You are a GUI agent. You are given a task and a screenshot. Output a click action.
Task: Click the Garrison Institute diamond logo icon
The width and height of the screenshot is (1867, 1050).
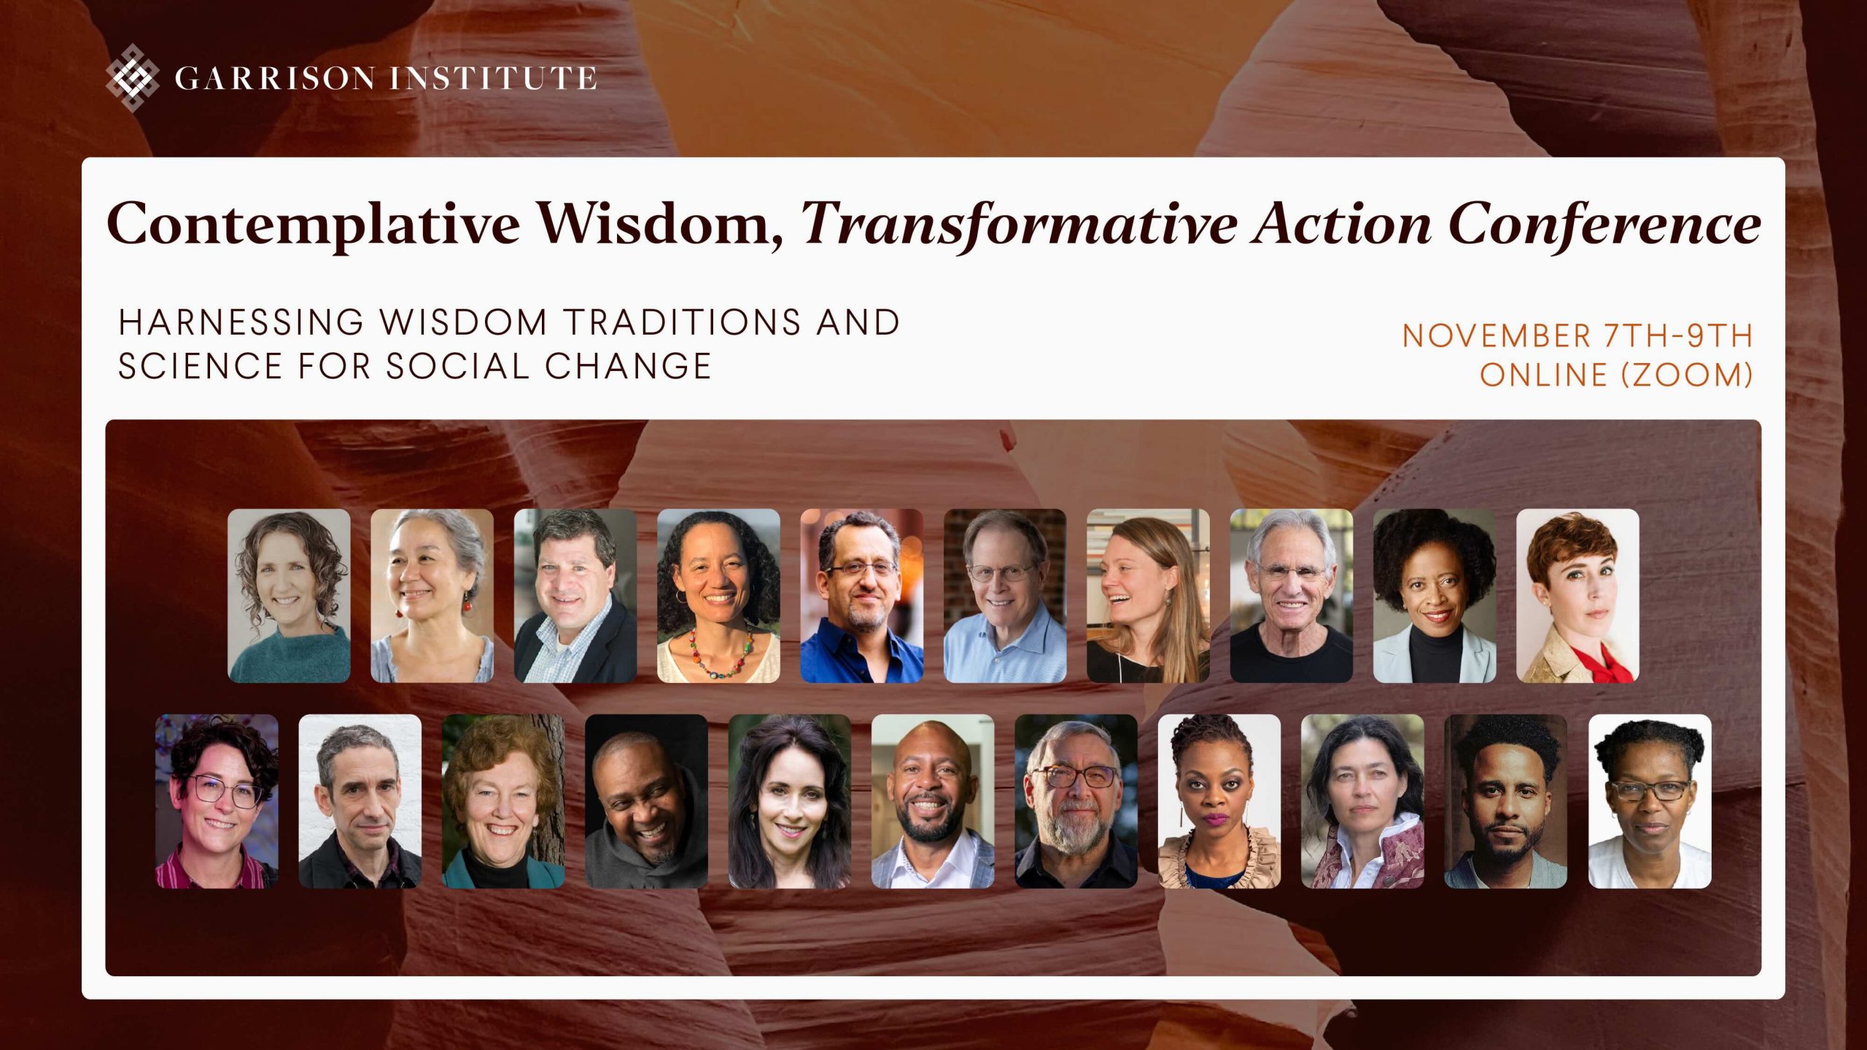pos(132,77)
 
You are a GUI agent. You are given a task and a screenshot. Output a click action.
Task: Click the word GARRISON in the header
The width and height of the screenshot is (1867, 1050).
pos(276,78)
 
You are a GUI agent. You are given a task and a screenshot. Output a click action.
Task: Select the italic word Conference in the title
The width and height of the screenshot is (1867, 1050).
pos(1605,223)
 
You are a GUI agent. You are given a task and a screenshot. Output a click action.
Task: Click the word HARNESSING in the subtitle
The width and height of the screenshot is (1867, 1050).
pos(241,322)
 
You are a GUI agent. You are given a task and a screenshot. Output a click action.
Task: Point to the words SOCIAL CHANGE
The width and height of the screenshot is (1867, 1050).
pos(548,366)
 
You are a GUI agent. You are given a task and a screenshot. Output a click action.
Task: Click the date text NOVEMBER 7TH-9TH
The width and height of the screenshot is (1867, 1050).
pos(1578,336)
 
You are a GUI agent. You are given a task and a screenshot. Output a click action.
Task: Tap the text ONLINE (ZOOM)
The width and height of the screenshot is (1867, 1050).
pos(1617,375)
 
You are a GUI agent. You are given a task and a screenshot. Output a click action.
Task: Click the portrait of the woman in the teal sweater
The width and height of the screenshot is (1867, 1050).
pos(289,596)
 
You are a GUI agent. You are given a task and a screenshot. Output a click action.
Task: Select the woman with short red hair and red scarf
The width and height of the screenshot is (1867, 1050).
pos(1577,596)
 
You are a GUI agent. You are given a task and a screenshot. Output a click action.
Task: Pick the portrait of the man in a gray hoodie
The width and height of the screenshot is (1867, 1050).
pos(646,801)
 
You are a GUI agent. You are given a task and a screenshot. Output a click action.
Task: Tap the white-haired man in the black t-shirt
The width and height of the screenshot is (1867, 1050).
pos(1292,596)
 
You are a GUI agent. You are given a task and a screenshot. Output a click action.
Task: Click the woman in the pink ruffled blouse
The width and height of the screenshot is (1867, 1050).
pos(1219,801)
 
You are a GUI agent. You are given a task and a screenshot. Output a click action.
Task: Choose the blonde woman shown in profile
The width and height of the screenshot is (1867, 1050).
pos(1148,596)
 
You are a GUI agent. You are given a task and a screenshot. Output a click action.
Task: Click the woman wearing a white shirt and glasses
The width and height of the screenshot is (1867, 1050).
pos(1650,801)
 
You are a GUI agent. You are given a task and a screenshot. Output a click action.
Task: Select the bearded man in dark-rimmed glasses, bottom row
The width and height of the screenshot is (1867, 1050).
pos(1076,801)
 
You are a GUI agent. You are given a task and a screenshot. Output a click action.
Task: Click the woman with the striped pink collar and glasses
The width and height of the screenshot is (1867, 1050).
pos(217,801)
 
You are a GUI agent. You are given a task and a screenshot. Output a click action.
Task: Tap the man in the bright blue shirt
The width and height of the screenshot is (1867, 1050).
pos(861,596)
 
